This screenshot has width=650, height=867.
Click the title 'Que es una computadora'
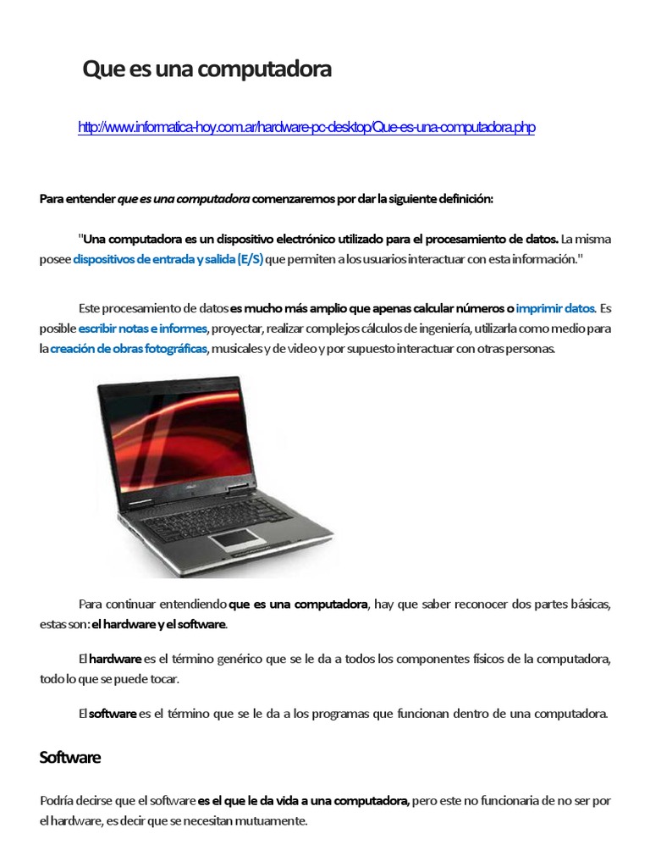pos(207,70)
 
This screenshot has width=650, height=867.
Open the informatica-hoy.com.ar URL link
pos(306,128)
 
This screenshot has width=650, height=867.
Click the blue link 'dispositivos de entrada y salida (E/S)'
pos(168,260)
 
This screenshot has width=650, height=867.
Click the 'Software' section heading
pos(70,758)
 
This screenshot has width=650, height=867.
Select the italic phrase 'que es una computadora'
pos(184,199)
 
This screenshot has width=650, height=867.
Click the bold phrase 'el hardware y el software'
pos(159,625)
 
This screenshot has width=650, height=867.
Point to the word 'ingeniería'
pos(445,329)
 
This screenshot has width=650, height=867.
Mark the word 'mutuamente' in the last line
pos(274,821)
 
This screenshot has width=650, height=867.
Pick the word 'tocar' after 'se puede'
pos(163,679)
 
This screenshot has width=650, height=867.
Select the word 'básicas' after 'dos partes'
pos(585,605)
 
